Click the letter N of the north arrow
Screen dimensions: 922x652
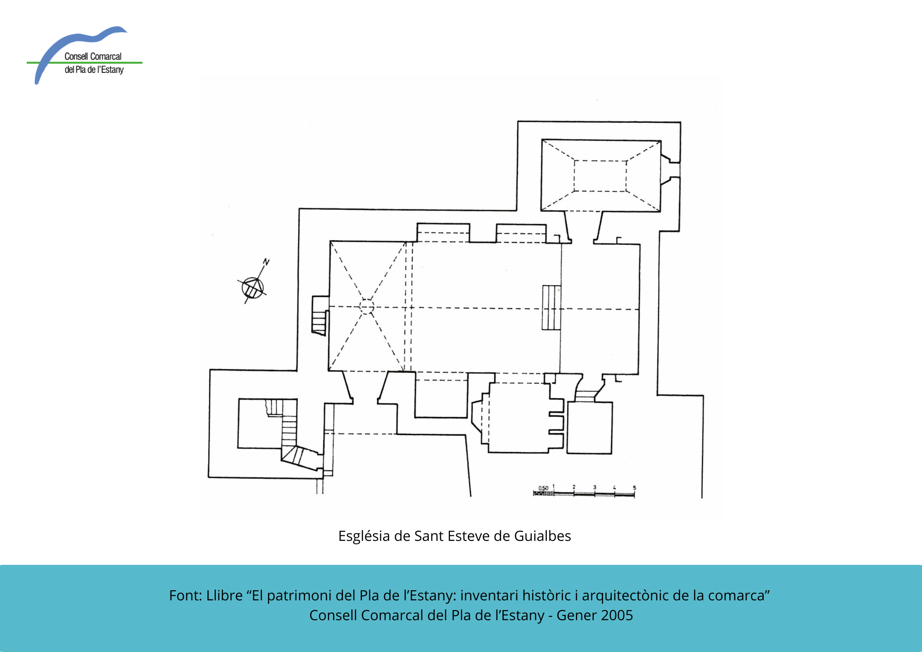tap(266, 262)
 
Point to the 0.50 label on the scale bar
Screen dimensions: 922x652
tap(544, 488)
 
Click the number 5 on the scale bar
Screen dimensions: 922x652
tap(634, 488)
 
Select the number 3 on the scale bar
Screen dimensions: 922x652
tap(595, 487)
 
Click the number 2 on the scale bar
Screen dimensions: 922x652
tap(574, 487)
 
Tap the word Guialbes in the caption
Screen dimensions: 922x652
tap(543, 536)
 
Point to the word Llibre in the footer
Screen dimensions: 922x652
tap(225, 595)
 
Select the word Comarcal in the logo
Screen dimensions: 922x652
tap(106, 56)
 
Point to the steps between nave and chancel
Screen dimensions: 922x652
tap(551, 308)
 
